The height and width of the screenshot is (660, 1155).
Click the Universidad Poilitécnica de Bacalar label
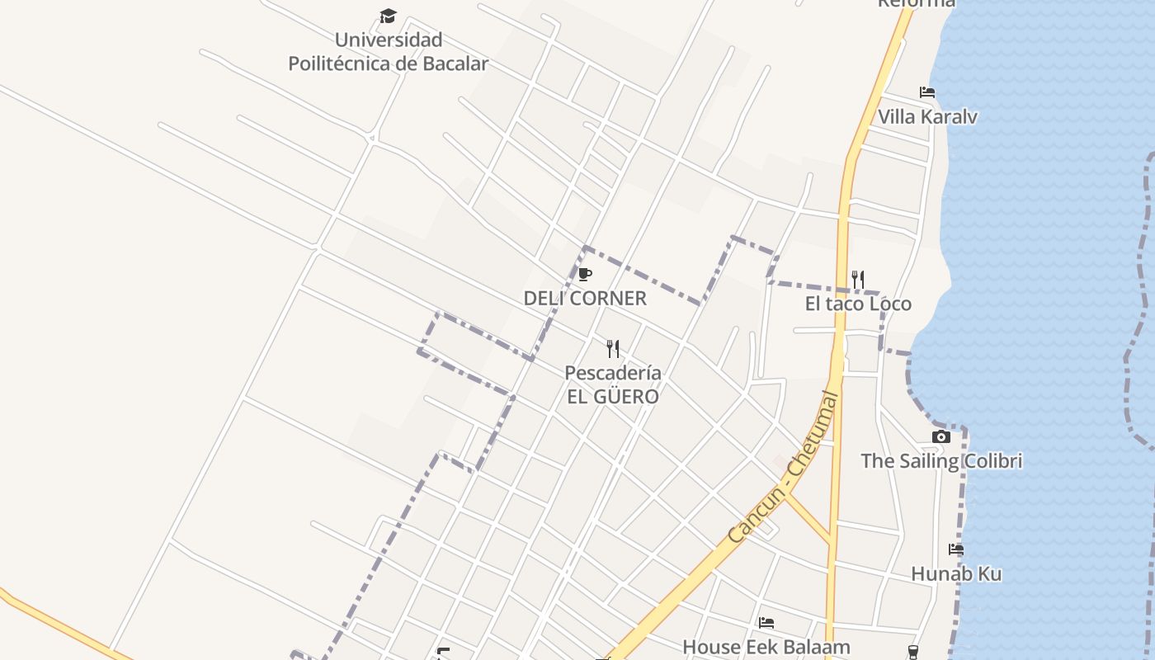[x=388, y=51]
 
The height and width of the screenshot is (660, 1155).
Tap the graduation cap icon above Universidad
[x=388, y=16]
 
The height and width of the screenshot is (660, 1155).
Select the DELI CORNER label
[x=585, y=298]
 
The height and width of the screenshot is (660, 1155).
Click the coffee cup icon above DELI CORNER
[x=585, y=274]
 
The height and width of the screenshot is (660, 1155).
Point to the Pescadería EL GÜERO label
[x=612, y=384]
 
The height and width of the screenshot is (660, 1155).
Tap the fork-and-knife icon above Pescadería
[x=612, y=349]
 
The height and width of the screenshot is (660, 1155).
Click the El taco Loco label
[x=858, y=304]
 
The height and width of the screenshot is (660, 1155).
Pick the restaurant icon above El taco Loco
[x=858, y=280]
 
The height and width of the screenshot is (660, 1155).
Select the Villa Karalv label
[x=927, y=116]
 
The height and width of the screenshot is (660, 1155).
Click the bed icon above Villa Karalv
[x=927, y=92]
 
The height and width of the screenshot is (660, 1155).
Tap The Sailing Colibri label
[x=941, y=460]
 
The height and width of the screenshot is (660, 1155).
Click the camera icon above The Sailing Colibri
[x=941, y=436]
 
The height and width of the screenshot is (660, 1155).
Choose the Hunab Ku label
[x=956, y=573]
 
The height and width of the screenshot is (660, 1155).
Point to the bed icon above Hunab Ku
[x=956, y=549]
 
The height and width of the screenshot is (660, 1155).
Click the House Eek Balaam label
[x=766, y=647]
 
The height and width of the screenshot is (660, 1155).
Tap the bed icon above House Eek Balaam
[x=766, y=623]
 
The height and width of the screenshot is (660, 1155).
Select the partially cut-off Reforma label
[x=916, y=3]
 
